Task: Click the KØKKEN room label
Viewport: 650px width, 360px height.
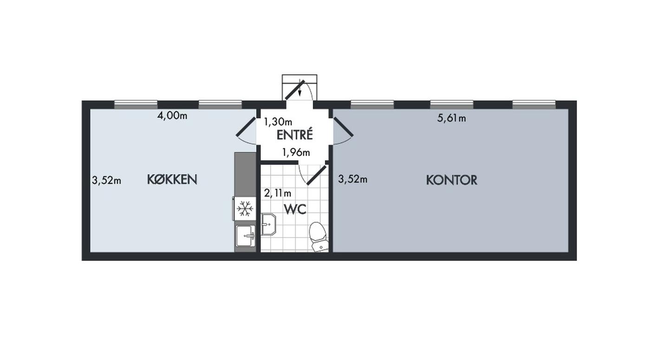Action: [x=172, y=179]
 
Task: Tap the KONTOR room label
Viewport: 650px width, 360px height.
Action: [x=451, y=180]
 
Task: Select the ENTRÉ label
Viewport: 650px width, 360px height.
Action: [x=294, y=135]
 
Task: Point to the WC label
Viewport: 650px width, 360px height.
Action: [x=295, y=209]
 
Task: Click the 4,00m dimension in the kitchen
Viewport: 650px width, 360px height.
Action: [x=172, y=116]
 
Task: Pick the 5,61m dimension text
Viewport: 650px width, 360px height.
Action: [x=451, y=118]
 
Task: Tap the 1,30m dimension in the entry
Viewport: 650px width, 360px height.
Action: [x=278, y=122]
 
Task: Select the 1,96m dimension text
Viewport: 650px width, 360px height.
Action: [x=296, y=152]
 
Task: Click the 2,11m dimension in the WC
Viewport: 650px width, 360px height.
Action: [x=278, y=193]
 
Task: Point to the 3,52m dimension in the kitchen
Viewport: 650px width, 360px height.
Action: [x=106, y=180]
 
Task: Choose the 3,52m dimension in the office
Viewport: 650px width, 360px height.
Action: [x=352, y=179]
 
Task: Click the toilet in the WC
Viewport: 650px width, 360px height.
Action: [x=318, y=236]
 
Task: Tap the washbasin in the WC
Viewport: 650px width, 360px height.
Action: [x=269, y=224]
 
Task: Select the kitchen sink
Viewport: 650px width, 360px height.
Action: [x=246, y=236]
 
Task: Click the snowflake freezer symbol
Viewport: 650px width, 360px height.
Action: [x=245, y=209]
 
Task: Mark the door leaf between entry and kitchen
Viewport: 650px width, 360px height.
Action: [x=247, y=126]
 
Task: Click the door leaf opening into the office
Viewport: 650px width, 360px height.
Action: [x=343, y=127]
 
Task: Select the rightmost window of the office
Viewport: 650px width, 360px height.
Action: [x=534, y=105]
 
